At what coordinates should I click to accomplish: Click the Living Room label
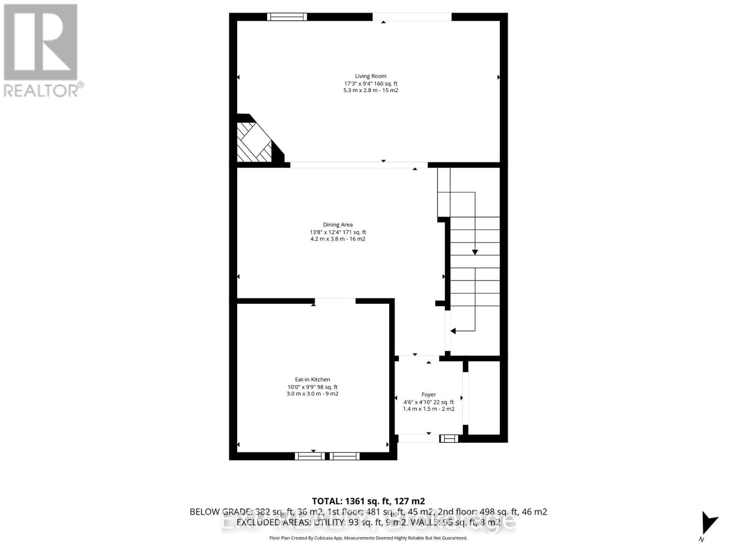pyautogui.click(x=370, y=76)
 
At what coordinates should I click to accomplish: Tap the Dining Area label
pyautogui.click(x=338, y=225)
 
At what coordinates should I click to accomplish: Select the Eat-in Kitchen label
pyautogui.click(x=312, y=380)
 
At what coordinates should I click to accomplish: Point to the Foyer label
pyautogui.click(x=428, y=394)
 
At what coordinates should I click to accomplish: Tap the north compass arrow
pyautogui.click(x=708, y=523)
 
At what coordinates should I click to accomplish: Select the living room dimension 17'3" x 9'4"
pyautogui.click(x=371, y=84)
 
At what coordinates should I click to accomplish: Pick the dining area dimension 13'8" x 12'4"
pyautogui.click(x=338, y=232)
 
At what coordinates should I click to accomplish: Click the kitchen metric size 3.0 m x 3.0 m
pyautogui.click(x=312, y=394)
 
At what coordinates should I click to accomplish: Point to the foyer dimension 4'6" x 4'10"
pyautogui.click(x=428, y=402)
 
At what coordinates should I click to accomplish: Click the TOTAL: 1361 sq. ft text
pyautogui.click(x=368, y=501)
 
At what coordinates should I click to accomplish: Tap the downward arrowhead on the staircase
pyautogui.click(x=475, y=252)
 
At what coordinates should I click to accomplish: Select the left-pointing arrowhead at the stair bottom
pyautogui.click(x=453, y=331)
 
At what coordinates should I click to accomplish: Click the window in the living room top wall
pyautogui.click(x=287, y=17)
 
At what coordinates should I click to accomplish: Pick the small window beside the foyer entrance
pyautogui.click(x=449, y=438)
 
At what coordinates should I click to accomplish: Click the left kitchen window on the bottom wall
pyautogui.click(x=310, y=456)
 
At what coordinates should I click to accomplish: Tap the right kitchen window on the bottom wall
pyautogui.click(x=345, y=456)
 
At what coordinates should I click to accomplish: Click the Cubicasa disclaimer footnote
pyautogui.click(x=368, y=538)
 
